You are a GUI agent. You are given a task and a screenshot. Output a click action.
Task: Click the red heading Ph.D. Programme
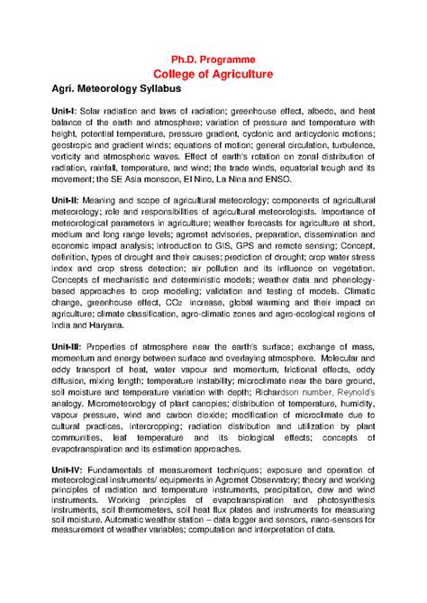click(x=213, y=59)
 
